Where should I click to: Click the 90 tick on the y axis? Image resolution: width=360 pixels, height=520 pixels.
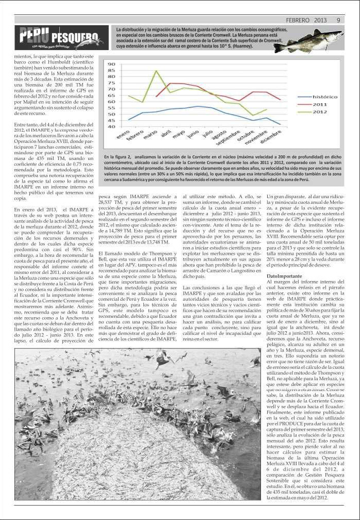click(111, 64)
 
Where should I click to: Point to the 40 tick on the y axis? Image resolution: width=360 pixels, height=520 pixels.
click(111, 126)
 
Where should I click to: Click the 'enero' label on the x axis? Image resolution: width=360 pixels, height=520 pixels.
click(123, 136)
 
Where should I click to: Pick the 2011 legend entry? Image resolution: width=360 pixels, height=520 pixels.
click(320, 104)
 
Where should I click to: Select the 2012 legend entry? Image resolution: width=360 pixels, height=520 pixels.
click(320, 111)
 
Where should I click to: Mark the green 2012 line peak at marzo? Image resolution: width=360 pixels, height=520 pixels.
click(156, 71)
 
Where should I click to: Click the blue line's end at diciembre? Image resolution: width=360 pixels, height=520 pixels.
click(280, 124)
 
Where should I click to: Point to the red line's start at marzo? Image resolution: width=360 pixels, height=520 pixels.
click(156, 96)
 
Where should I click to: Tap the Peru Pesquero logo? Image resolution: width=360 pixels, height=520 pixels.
click(61, 38)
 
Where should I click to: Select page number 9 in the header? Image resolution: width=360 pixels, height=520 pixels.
click(338, 21)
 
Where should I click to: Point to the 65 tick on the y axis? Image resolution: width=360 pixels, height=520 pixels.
click(111, 95)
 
